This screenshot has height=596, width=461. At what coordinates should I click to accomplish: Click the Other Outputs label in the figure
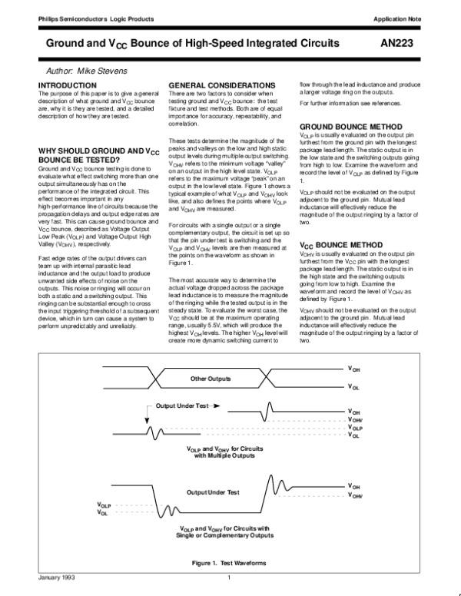[211, 379]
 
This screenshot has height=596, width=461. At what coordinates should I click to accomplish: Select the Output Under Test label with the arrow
[184, 406]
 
